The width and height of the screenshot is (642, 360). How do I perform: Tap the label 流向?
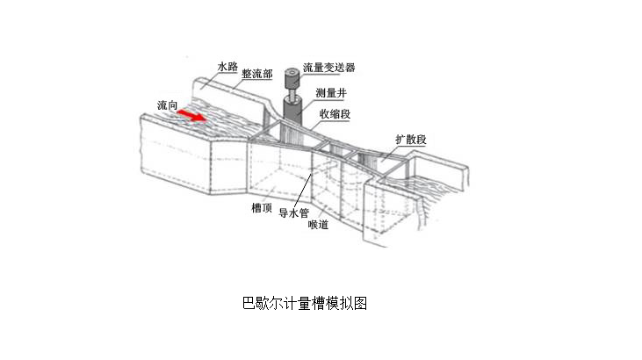[169, 105]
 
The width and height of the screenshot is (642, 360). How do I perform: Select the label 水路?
[227, 67]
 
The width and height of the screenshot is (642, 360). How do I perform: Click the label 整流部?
[256, 76]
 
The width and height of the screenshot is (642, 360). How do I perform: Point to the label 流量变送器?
[329, 68]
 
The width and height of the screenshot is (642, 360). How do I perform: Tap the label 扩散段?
[410, 140]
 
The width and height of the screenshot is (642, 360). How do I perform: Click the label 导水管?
[292, 212]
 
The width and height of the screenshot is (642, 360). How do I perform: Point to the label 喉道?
[318, 225]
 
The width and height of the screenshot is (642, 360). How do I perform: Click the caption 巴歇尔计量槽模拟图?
[304, 304]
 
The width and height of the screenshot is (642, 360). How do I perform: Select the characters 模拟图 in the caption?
[348, 304]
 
